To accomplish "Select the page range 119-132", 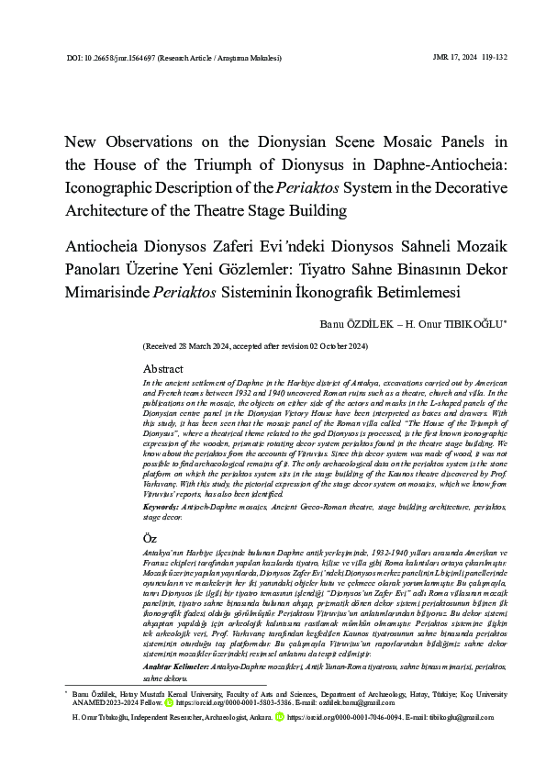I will (x=491, y=57).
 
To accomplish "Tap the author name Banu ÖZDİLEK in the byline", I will (x=353, y=324).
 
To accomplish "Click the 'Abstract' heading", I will (x=163, y=367).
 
